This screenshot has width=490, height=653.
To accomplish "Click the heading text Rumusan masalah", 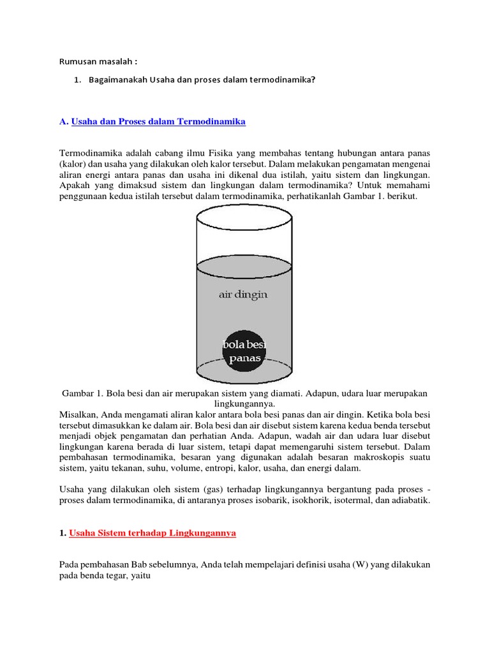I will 98,61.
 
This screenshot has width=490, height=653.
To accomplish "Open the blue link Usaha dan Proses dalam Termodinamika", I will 158,121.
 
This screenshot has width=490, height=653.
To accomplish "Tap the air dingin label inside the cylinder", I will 242,295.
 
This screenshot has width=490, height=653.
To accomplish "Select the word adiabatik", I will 410,501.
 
